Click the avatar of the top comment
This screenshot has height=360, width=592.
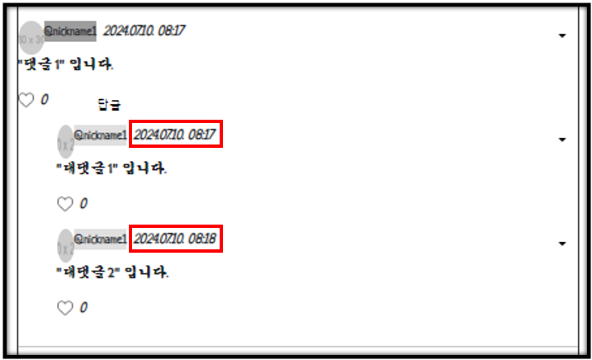tap(31, 38)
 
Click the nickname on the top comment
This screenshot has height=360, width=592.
tap(70, 31)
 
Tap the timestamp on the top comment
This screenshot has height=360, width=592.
tap(144, 31)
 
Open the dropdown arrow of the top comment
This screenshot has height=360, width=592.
tap(562, 36)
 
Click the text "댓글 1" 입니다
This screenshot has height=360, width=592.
tap(65, 64)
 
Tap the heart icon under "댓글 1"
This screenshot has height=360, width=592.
tap(26, 100)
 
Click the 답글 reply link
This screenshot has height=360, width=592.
tap(109, 104)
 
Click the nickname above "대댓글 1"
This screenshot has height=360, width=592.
tap(101, 135)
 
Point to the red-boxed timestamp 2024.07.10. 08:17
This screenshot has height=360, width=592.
tap(175, 135)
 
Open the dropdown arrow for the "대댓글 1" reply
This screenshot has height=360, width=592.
tap(562, 140)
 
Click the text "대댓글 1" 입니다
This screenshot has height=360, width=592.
tap(111, 168)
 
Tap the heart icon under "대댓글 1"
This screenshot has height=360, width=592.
tap(64, 204)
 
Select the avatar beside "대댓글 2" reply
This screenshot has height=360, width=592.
tap(65, 246)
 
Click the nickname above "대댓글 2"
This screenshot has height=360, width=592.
tap(101, 239)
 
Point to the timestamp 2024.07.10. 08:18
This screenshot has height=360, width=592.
tap(175, 239)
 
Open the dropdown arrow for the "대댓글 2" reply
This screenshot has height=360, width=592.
tap(562, 244)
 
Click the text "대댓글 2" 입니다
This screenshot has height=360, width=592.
tap(112, 272)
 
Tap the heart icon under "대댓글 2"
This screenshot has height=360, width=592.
tap(64, 308)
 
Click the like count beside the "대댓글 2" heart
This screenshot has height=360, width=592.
tap(83, 308)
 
